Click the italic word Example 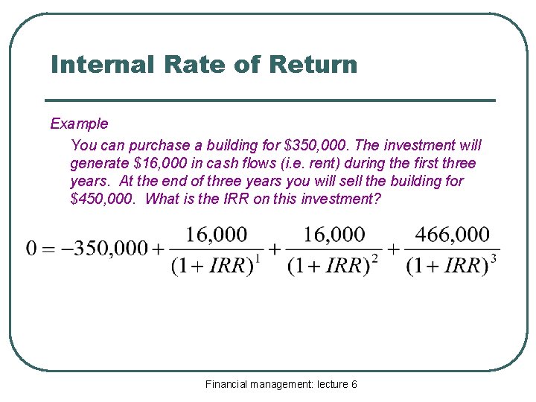click(x=79, y=124)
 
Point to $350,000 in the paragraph click(x=316, y=145)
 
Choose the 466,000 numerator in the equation click(x=453, y=235)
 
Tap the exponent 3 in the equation click(x=493, y=258)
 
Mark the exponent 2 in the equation click(x=374, y=258)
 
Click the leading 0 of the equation click(x=31, y=249)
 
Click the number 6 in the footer click(x=354, y=384)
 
